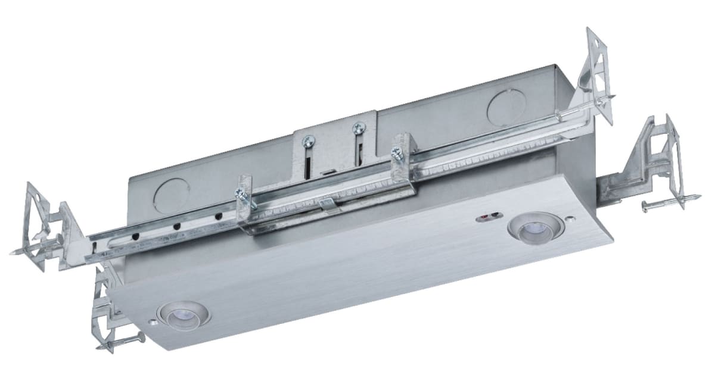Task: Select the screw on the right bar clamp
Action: pos(395,152)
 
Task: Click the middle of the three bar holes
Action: pos(177,226)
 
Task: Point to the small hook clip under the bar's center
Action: pos(324,204)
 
